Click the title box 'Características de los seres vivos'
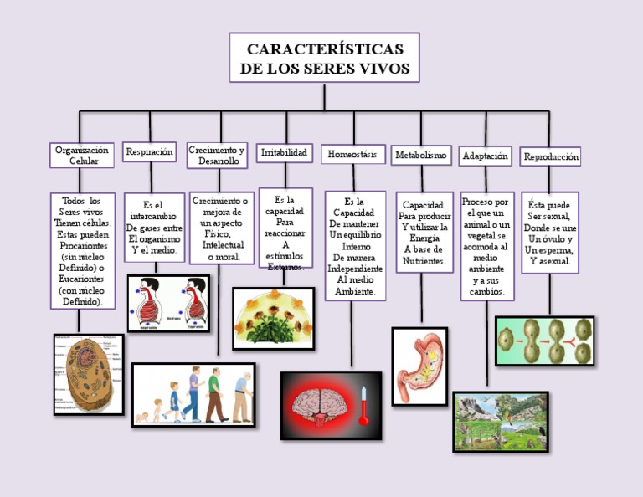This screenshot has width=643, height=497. [x=324, y=58]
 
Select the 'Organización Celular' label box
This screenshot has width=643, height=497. [x=82, y=155]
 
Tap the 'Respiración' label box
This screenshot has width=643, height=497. [x=150, y=152]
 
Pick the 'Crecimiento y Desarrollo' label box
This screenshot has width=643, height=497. [x=217, y=155]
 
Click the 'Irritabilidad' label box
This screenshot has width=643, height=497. [x=285, y=153]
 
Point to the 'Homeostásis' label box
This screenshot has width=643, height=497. [x=352, y=155]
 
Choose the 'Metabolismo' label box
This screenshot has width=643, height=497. [x=421, y=156]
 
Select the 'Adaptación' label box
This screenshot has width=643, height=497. [x=485, y=156]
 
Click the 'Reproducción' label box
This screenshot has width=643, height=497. [x=550, y=156]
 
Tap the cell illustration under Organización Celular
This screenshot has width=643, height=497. [x=89, y=374]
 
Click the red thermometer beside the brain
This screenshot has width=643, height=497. [x=364, y=405]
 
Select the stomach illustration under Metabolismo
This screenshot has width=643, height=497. [x=419, y=366]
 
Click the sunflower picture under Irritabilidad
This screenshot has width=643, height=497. [x=273, y=318]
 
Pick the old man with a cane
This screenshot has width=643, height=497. [x=242, y=397]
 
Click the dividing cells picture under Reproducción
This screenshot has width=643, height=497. [x=544, y=341]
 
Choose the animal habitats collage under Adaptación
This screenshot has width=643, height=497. [x=501, y=422]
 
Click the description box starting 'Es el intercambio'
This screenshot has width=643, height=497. [x=154, y=227]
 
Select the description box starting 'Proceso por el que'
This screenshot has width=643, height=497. [x=486, y=246]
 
